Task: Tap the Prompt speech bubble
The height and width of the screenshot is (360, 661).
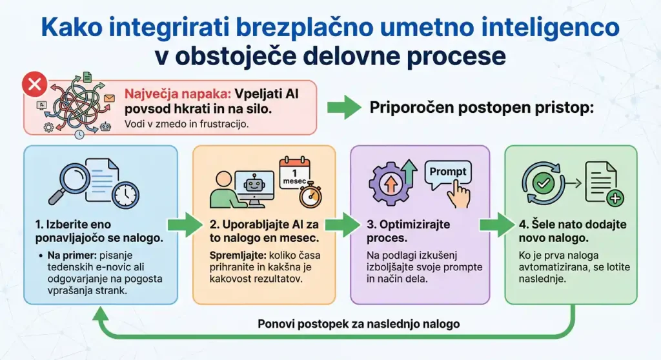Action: click(447, 173)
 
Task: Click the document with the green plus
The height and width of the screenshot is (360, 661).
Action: click(603, 183)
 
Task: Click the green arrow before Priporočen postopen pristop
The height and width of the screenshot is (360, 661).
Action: click(344, 108)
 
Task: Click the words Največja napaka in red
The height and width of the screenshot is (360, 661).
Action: click(169, 93)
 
